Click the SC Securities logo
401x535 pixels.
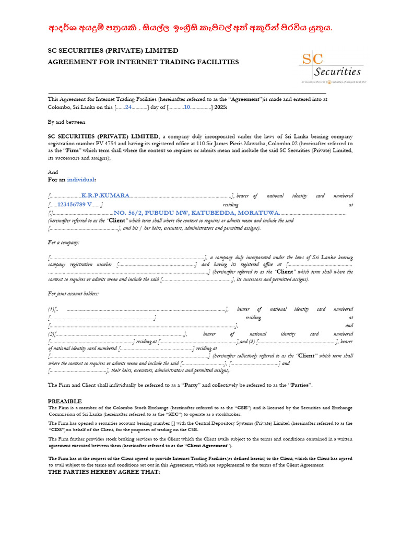click(x=331, y=67)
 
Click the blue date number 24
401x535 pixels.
click(x=128, y=107)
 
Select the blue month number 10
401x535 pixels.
click(x=187, y=107)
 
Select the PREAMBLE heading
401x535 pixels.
click(x=65, y=401)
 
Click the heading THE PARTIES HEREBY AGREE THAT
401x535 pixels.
click(x=104, y=471)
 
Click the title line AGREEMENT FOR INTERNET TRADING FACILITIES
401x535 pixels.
click(x=144, y=62)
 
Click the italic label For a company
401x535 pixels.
click(x=64, y=242)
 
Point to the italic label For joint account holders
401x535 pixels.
click(x=73, y=293)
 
